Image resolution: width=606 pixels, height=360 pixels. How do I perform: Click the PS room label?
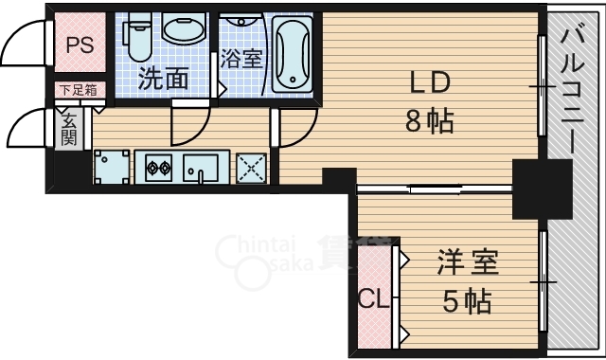79,45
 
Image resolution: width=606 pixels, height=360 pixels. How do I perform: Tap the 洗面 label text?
164,80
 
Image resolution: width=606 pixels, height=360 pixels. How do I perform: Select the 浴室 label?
241,59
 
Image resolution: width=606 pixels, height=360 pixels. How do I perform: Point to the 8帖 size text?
430,121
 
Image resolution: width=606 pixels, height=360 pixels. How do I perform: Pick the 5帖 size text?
467,302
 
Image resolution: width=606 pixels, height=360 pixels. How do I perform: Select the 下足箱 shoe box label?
78,91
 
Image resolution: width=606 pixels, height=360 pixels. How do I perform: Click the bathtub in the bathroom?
291,55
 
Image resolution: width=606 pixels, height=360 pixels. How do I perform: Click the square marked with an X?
252,170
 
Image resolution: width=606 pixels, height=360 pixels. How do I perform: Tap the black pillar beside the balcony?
542,187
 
